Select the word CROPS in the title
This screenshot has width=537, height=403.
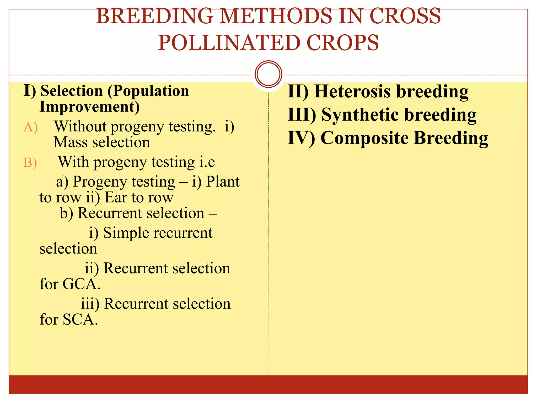click(342, 43)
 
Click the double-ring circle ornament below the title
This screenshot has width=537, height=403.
click(268, 74)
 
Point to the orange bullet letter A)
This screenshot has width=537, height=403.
click(30, 128)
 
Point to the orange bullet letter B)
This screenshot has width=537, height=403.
click(30, 163)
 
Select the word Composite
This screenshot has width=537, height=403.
click(364, 138)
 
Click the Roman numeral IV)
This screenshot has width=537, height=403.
click(301, 138)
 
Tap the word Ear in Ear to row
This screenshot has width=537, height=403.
click(116, 198)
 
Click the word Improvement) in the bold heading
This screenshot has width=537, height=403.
click(89, 107)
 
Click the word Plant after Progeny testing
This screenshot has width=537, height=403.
click(223, 182)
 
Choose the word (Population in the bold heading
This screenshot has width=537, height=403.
click(148, 91)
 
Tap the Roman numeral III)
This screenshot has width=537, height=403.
click(302, 115)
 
